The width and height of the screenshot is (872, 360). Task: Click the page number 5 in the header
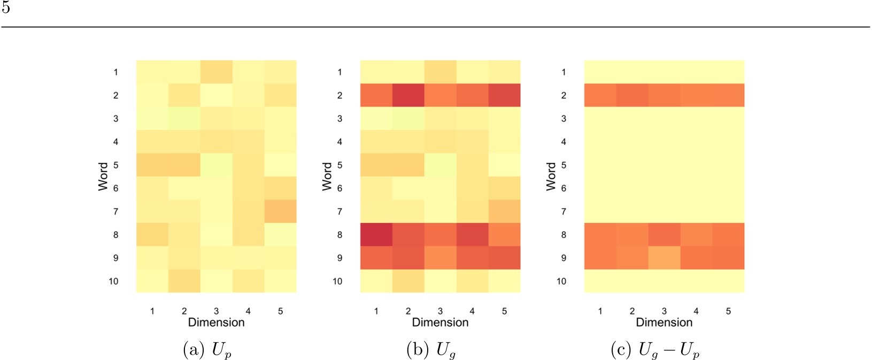coord(6,8)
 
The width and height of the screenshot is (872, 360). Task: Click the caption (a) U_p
coord(207,350)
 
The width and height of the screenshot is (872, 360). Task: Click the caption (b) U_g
coord(431,350)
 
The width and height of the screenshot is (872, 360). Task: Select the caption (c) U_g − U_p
coord(655,350)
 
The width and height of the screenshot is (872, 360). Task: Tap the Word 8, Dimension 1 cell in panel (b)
coord(376,234)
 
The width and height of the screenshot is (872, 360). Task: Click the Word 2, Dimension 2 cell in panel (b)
coord(408,95)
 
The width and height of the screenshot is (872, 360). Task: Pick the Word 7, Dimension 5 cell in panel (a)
coord(280,211)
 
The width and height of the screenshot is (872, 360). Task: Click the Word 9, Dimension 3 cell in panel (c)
coord(664,258)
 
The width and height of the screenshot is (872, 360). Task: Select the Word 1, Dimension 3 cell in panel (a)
coord(216,72)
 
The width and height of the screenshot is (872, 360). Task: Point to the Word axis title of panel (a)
coord(103,177)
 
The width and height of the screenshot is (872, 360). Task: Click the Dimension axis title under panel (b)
coord(440,323)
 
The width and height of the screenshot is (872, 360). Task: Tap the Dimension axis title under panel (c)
coord(664,323)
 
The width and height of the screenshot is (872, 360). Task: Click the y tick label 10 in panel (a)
coord(113,281)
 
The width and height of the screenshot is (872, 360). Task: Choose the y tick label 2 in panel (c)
coord(564,95)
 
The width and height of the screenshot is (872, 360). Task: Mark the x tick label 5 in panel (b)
coord(504,311)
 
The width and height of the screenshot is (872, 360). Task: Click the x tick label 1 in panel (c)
coord(600,311)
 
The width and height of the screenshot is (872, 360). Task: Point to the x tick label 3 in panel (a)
coord(216,311)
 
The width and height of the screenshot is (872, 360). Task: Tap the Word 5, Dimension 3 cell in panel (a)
coord(216,165)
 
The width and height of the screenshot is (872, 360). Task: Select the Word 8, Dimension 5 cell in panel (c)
coord(728,234)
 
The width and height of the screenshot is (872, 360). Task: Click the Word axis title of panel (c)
coord(551,177)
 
